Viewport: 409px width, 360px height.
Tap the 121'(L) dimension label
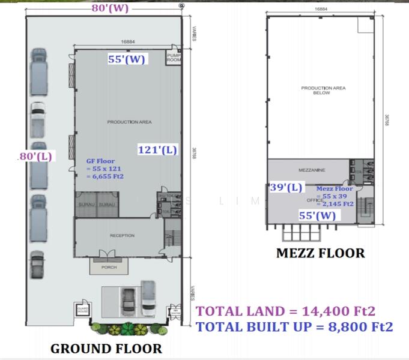pyautogui.click(x=157, y=150)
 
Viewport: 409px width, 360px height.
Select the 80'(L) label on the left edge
pyautogui.click(x=36, y=156)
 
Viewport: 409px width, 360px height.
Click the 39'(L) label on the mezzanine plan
pyautogui.click(x=286, y=187)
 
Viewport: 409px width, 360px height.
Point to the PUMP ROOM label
pyautogui.click(x=174, y=58)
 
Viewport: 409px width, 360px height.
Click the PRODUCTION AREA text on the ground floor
pyautogui.click(x=129, y=122)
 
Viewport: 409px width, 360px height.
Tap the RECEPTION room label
pyautogui.click(x=122, y=236)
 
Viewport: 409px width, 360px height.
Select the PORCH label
pyautogui.click(x=109, y=267)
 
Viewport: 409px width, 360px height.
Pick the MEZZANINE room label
pyautogui.click(x=311, y=170)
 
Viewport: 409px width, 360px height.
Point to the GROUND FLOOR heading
pyautogui.click(x=106, y=348)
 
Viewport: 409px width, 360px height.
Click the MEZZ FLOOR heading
pyautogui.click(x=320, y=253)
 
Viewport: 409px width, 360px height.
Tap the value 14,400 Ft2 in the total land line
pyautogui.click(x=339, y=311)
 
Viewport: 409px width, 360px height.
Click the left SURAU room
pyautogui.click(x=85, y=205)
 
